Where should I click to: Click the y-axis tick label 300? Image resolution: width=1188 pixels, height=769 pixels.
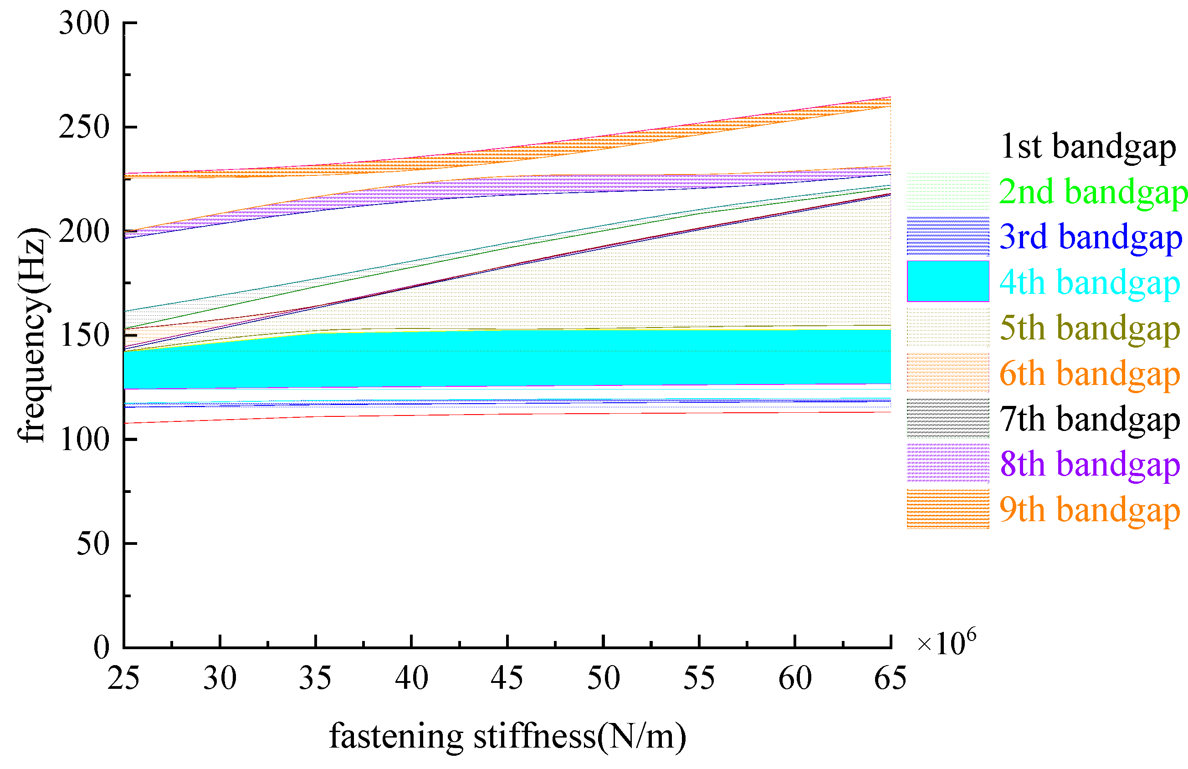click(84, 24)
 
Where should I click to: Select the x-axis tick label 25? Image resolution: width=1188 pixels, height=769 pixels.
click(123, 678)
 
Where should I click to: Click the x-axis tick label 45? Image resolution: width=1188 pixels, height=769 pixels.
click(507, 678)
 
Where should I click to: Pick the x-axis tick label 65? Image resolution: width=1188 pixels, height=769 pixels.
click(890, 678)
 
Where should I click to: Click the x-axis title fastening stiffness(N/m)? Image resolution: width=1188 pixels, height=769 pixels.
click(507, 737)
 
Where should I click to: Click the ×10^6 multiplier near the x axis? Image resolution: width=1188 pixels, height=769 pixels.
click(946, 643)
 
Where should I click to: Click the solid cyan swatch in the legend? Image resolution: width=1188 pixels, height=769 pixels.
click(947, 281)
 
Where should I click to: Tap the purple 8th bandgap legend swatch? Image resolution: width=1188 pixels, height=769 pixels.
click(947, 463)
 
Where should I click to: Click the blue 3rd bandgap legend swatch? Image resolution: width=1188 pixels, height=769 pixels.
click(947, 236)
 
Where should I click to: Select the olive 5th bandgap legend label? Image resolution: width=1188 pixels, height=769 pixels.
click(1090, 328)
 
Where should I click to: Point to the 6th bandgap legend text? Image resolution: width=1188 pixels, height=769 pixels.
click(1090, 373)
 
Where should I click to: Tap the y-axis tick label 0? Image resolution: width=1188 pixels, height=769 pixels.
click(101, 647)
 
